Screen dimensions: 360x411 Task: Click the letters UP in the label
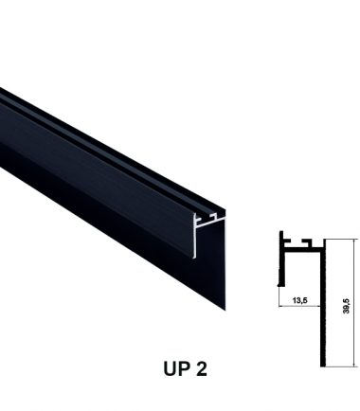tap(176, 368)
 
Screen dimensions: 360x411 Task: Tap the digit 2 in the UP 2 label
tap(202, 368)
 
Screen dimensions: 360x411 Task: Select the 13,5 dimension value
tap(299, 300)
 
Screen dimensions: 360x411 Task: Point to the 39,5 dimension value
tap(346, 306)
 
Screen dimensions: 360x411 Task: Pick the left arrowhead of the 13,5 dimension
tap(281, 306)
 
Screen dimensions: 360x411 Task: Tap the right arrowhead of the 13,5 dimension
tap(318, 306)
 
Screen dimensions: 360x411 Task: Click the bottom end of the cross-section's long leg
tap(323, 366)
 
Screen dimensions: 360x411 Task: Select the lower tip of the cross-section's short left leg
tap(279, 285)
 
